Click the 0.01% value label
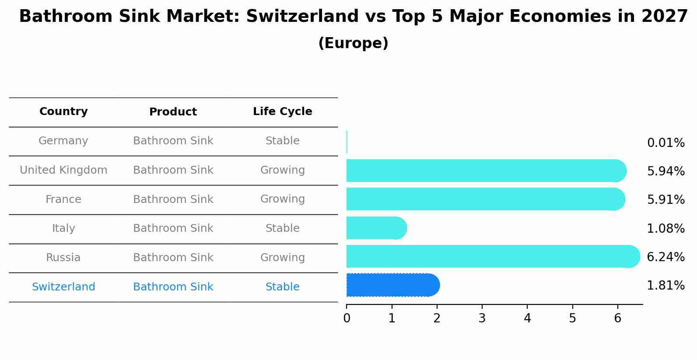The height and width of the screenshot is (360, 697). coord(665,143)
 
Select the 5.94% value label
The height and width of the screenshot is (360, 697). coord(665,171)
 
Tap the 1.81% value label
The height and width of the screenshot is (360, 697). coord(665,286)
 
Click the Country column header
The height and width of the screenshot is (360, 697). coord(63,112)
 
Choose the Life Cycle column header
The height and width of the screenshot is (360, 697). coord(282,112)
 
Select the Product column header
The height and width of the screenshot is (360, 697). coord(173,112)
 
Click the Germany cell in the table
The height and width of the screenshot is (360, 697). coord(63,141)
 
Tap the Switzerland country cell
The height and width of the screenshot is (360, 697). coord(63,287)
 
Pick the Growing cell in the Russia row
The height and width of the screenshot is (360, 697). coord(282,258)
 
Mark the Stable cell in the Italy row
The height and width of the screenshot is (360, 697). coord(282,228)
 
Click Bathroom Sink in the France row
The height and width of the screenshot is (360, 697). coord(173,199)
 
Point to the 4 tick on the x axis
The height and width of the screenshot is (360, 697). coord(527,318)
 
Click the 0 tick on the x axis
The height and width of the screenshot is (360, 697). coord(347,318)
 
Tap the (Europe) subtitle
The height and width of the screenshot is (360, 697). coord(353,43)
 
